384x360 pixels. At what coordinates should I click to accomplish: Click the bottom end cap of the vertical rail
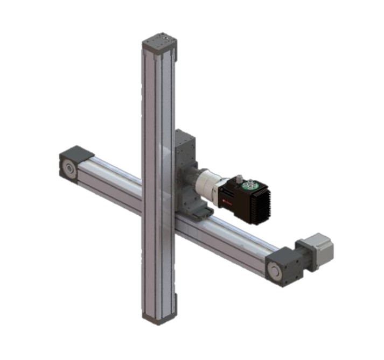pos(158,317)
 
